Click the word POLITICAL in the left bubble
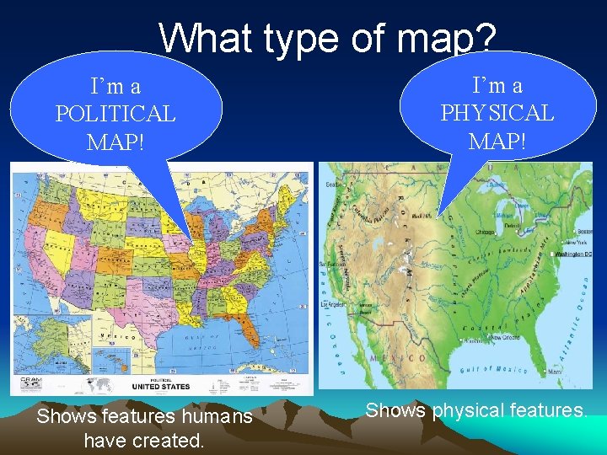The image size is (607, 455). [115, 114]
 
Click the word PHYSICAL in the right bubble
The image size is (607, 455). [497, 113]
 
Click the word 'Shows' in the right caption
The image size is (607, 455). [395, 410]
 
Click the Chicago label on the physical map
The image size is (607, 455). [484, 231]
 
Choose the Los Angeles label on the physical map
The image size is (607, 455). [332, 303]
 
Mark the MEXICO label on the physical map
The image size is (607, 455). [404, 358]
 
